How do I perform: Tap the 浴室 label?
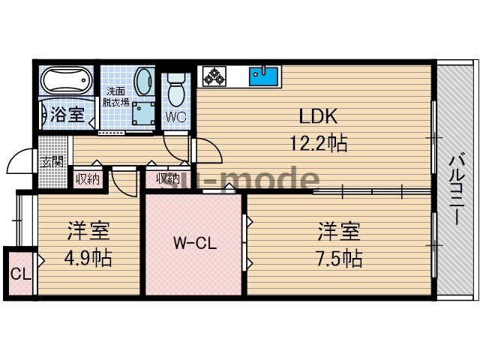tap(67, 115)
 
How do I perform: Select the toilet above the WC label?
tap(177, 89)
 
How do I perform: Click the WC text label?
tap(175, 117)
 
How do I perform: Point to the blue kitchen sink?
tap(263, 76)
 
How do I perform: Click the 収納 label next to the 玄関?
tap(87, 178)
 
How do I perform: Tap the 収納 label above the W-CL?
tap(167, 178)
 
